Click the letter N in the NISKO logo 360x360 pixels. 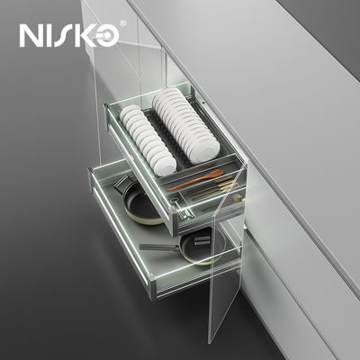click(x=31, y=35)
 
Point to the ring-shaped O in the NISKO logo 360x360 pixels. click(x=105, y=36)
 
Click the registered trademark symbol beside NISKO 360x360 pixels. click(x=122, y=23)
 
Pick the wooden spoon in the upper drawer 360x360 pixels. click(x=196, y=180)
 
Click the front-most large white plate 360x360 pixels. click(x=206, y=152)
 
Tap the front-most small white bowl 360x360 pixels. click(x=166, y=166)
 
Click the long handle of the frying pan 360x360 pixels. click(x=159, y=247)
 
